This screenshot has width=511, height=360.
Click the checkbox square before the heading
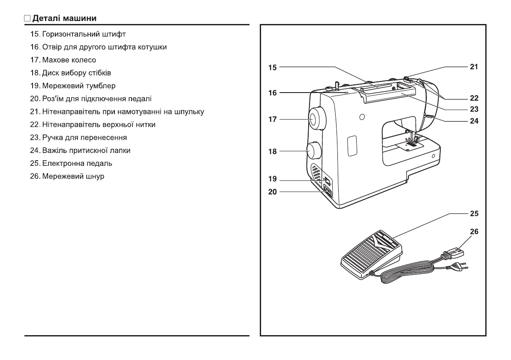27,19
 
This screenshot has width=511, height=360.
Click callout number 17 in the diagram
272,120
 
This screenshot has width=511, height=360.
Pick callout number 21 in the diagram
474,67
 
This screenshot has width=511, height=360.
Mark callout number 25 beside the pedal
474,213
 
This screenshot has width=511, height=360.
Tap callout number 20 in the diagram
272,192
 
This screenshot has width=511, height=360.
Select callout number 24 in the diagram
474,121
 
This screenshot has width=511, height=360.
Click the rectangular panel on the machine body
352,146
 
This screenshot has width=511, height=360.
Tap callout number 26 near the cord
474,231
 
